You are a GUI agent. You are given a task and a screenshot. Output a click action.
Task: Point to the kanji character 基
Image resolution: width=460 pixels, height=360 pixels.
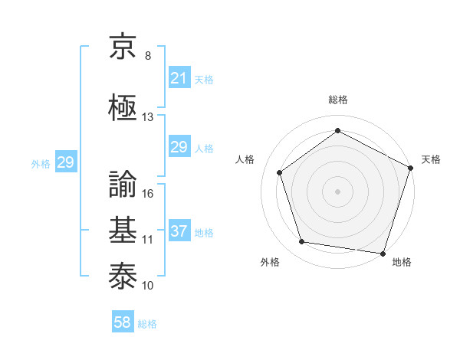[x=123, y=231]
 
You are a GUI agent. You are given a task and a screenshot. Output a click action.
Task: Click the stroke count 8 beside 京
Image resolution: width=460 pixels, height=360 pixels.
[x=148, y=56]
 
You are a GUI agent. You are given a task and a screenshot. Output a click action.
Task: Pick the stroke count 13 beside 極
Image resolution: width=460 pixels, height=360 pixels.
[x=148, y=117]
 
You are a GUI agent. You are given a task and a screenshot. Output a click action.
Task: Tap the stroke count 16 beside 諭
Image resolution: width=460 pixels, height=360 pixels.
[x=148, y=194]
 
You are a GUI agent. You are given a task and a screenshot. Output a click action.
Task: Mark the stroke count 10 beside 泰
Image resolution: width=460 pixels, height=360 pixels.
[x=148, y=286]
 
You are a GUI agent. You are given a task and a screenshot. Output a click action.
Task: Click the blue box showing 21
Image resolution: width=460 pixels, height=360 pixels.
[x=179, y=78]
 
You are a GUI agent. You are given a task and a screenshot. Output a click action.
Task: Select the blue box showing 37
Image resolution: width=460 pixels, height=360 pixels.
[x=179, y=231]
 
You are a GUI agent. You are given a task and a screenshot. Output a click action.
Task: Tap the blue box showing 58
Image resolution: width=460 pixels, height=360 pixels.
[x=122, y=323]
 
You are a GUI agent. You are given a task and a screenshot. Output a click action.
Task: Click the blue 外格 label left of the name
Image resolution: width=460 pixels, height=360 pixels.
[x=41, y=163]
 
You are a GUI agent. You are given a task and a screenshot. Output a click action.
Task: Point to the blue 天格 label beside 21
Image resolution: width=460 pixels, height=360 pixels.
[x=204, y=79]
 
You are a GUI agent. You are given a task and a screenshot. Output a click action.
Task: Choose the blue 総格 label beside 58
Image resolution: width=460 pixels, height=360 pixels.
[x=147, y=324]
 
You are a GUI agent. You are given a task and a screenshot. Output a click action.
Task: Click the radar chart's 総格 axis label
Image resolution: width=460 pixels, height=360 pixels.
[x=337, y=100]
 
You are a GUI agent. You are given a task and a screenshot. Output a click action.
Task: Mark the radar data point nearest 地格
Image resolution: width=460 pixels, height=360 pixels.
[x=383, y=253]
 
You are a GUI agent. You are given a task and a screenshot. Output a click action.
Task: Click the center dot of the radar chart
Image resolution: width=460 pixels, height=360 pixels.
[x=337, y=191]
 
